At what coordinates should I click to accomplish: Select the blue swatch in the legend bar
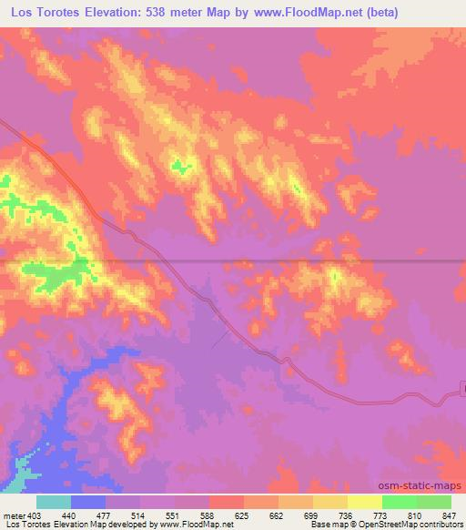88,502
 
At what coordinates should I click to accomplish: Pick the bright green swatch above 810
399,502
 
